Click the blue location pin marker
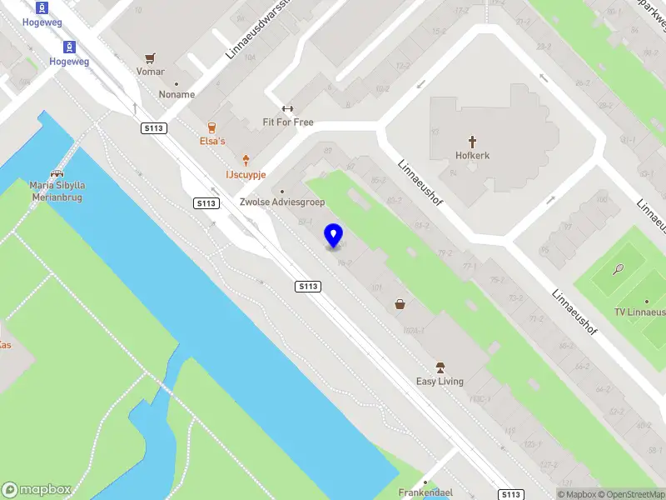coord(334,236)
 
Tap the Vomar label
coord(150,72)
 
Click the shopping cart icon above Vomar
coord(150,58)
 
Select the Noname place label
coord(176,94)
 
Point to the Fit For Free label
coord(288,122)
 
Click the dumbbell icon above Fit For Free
coord(288,108)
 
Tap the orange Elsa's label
coord(211,142)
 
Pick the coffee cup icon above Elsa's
coord(211,127)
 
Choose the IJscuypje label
coord(246,173)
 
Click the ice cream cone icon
coord(246,159)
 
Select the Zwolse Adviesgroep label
coord(281,202)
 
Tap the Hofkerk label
coord(471,155)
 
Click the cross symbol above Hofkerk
coord(471,142)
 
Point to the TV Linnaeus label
coord(639,312)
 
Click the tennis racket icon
coord(618,269)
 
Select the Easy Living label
coord(440,382)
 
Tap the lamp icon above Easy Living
coord(440,367)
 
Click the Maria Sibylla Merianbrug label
coord(57,191)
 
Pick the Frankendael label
coord(425,492)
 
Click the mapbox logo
coord(37,490)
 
